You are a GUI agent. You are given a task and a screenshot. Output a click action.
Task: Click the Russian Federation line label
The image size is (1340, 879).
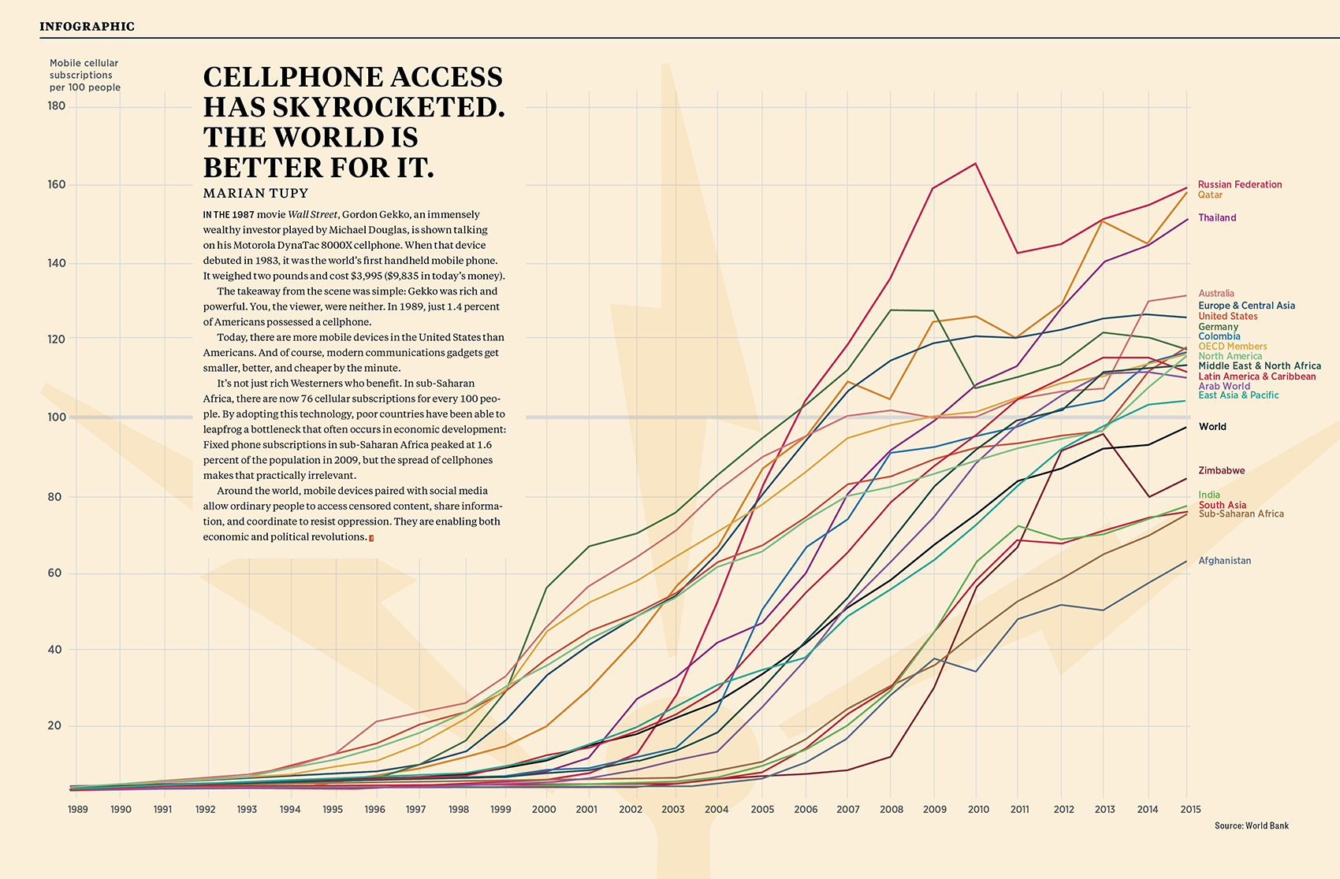point(1239,184)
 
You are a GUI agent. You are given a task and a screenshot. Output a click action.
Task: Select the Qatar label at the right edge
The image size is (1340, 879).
point(1210,195)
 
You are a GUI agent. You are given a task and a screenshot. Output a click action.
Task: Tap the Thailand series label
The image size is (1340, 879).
point(1217,217)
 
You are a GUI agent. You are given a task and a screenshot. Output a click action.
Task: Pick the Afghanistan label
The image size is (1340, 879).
point(1224,561)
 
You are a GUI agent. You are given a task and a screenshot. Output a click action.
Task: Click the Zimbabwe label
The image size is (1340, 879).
point(1221,470)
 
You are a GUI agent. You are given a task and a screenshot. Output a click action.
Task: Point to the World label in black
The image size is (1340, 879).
point(1212,427)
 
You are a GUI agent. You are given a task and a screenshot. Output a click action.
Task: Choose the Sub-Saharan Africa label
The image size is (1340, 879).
point(1241,514)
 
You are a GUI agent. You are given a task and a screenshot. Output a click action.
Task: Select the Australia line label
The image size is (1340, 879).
point(1216,293)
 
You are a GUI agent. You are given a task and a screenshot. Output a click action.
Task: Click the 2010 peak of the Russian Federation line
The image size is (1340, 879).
point(976,164)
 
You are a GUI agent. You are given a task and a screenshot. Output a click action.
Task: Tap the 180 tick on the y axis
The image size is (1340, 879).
point(57,106)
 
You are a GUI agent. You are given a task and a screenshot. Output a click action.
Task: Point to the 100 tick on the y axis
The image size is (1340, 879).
point(57,417)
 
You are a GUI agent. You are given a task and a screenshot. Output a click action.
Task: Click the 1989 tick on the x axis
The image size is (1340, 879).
point(77,809)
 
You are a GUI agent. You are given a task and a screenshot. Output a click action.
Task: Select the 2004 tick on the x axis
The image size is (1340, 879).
point(717,809)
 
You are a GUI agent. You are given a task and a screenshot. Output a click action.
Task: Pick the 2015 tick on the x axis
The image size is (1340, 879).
point(1190,809)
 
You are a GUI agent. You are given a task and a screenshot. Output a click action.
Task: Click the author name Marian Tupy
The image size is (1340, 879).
point(255,193)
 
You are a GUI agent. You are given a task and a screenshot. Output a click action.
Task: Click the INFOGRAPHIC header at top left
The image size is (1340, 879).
point(87,26)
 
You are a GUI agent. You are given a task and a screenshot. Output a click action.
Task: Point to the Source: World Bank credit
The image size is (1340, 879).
point(1251,825)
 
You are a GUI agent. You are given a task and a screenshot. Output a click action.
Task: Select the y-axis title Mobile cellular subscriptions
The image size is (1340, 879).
point(84,75)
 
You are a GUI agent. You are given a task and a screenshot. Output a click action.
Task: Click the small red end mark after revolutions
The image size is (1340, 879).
point(371,538)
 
